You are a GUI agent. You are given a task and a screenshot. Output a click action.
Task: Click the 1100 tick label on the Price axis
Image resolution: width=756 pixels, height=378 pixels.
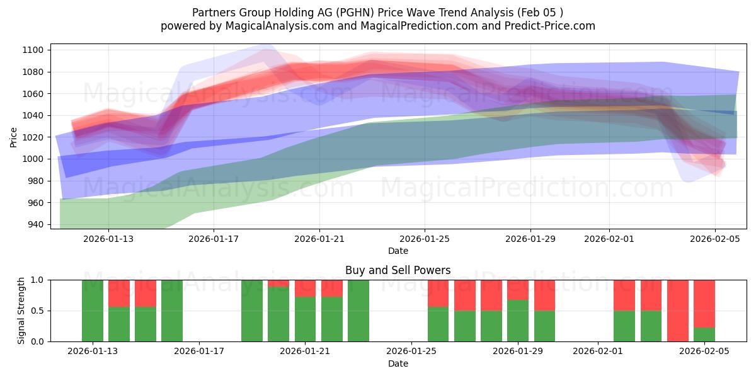point(33,50)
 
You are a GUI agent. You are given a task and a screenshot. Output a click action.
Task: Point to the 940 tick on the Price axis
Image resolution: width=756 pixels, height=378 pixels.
point(35,224)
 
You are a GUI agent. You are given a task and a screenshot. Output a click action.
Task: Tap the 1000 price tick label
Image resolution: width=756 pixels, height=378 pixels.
point(33,159)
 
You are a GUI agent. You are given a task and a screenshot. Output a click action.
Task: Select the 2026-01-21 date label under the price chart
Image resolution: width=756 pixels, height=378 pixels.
point(319,239)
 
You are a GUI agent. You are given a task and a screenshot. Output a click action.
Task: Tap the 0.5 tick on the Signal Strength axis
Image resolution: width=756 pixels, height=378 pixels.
point(38,311)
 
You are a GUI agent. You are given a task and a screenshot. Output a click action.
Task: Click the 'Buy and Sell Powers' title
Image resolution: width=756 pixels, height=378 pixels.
point(398,270)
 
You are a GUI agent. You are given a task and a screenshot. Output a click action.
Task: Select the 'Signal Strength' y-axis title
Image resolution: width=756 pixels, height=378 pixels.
point(21,311)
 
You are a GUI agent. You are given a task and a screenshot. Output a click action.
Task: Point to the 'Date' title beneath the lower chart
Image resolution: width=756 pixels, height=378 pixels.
point(398,364)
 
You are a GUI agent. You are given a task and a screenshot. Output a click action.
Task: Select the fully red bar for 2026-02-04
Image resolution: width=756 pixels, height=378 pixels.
point(678,311)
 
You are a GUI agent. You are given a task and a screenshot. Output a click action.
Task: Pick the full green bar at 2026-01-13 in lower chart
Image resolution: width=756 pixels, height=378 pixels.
point(93,311)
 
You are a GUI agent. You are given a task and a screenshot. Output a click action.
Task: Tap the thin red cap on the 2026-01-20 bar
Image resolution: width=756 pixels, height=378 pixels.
point(278,283)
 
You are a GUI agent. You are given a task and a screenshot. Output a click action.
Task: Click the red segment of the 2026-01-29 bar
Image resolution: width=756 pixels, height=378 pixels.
point(518,289)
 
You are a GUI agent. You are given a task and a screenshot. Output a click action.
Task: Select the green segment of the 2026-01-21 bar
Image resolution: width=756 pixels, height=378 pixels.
point(305,319)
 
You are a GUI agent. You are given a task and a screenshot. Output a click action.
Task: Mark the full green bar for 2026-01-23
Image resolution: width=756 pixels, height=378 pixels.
point(358,311)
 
